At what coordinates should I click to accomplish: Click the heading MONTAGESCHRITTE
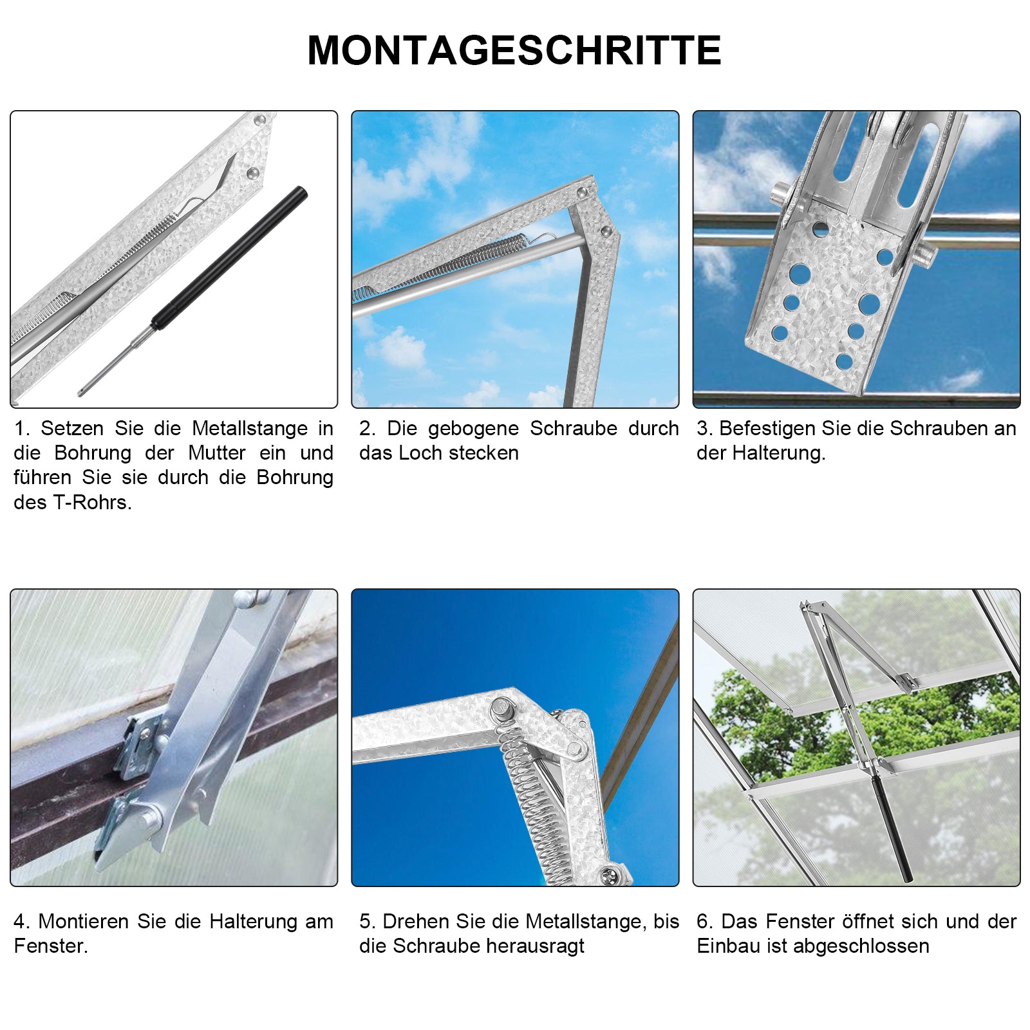click(514, 50)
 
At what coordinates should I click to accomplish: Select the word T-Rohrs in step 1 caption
click(92, 503)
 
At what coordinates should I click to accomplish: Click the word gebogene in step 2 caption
click(473, 429)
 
